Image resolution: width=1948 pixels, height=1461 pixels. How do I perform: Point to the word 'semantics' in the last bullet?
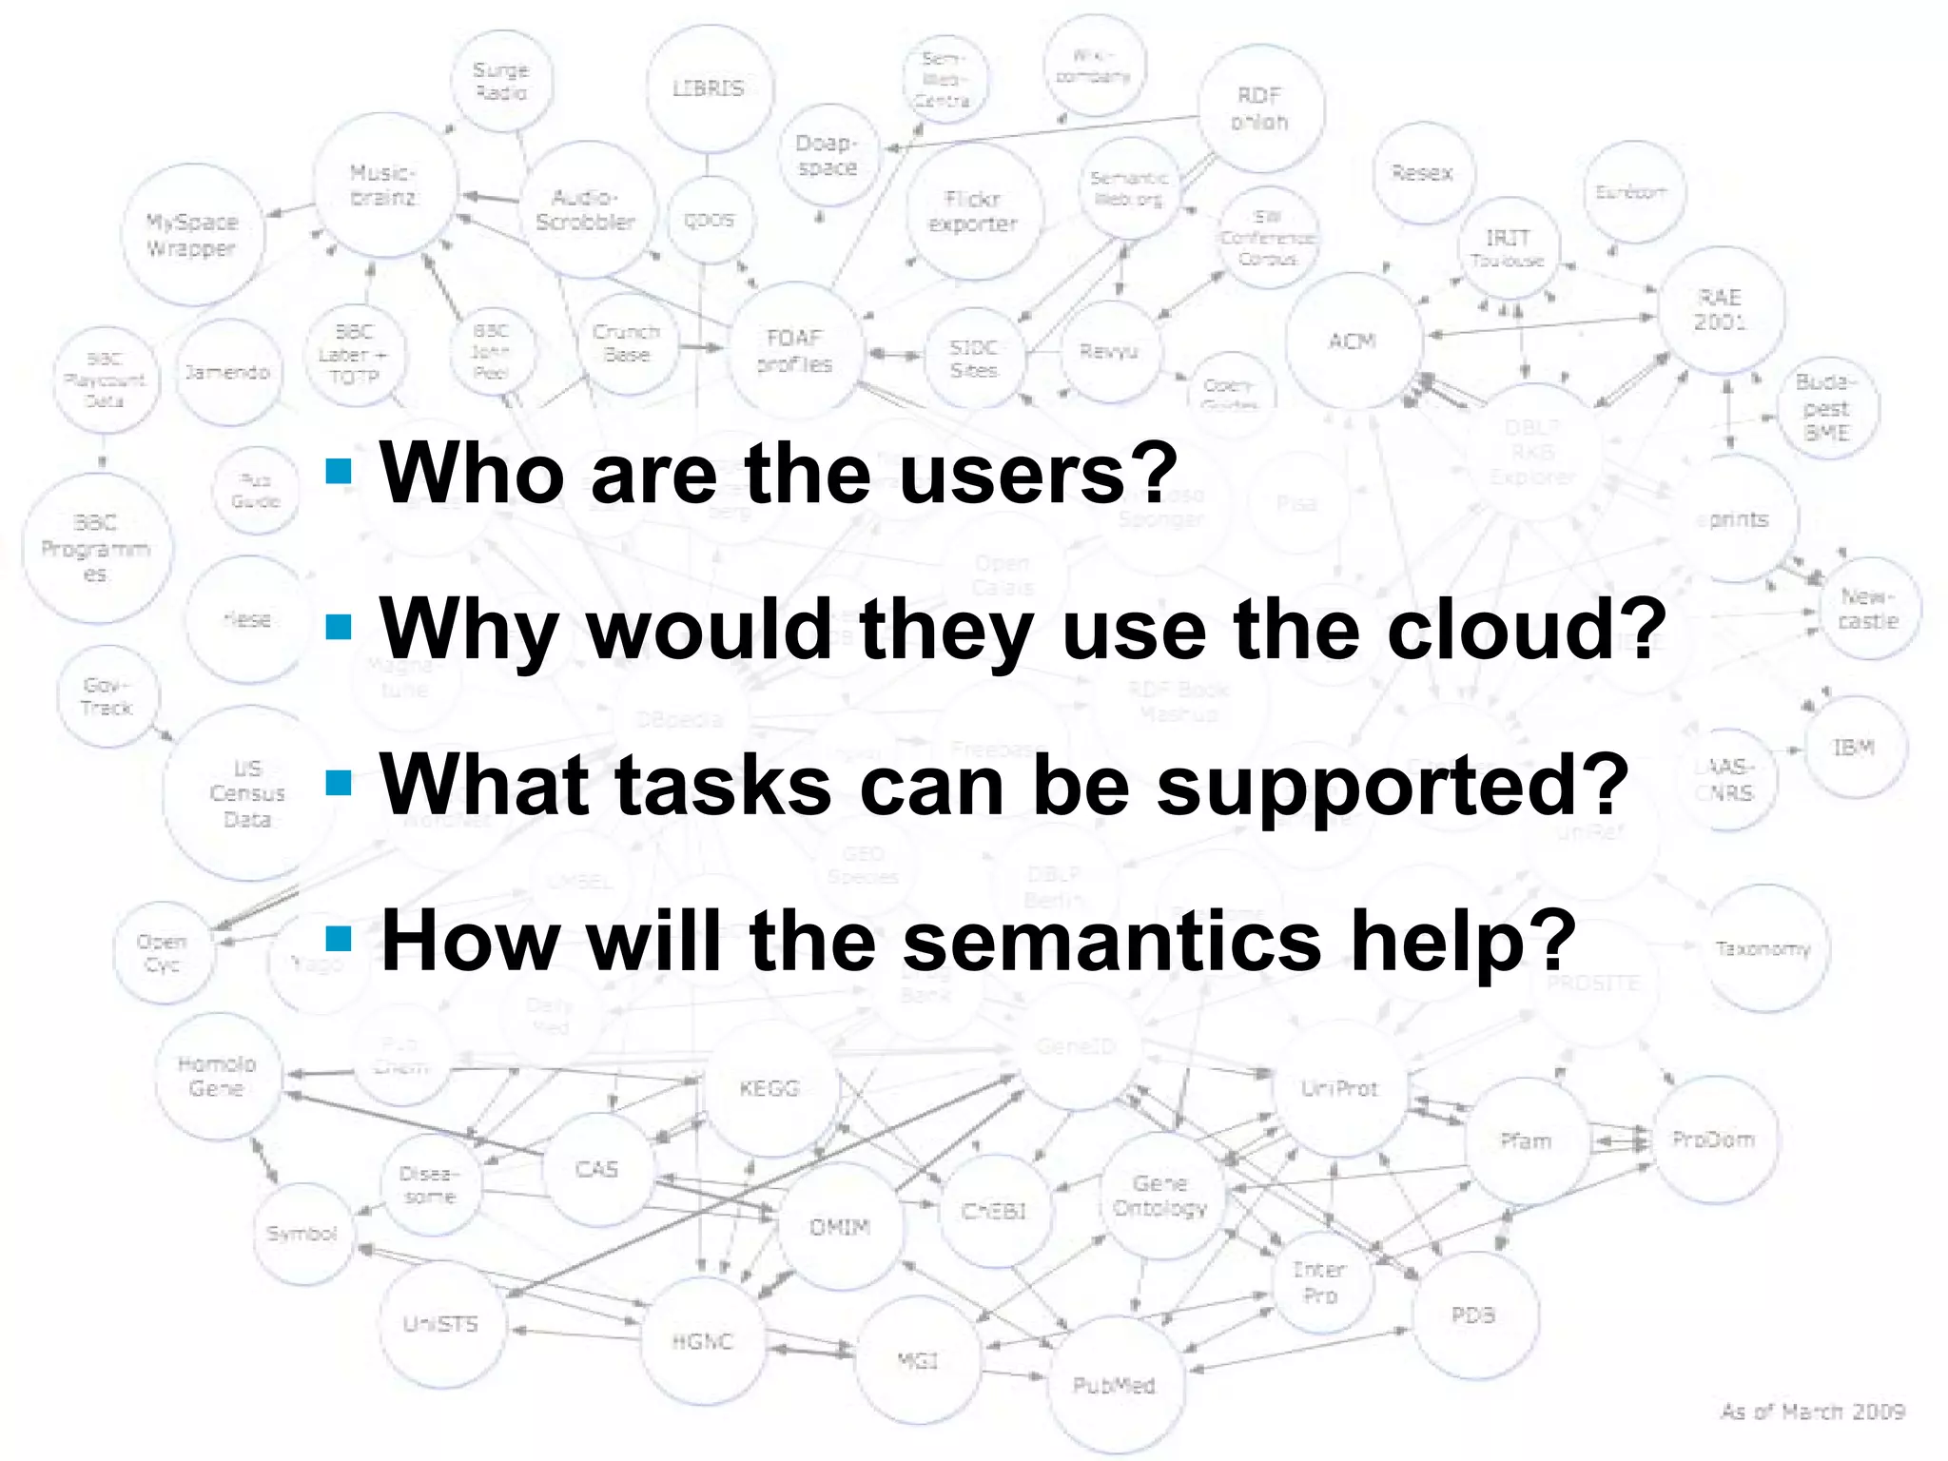coord(1112,941)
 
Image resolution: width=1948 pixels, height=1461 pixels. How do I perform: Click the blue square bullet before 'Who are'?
coord(339,472)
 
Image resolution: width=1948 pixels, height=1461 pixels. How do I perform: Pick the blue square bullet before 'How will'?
coord(339,940)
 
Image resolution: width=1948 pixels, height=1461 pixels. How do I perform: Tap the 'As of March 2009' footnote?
coord(1812,1412)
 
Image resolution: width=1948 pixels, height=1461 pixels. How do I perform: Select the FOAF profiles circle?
coord(795,351)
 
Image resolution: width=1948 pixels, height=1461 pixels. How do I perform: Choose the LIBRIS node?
coord(709,88)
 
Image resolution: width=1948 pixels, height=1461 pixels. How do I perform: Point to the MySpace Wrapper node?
coord(192,235)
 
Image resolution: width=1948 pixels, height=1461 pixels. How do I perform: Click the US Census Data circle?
coord(247,793)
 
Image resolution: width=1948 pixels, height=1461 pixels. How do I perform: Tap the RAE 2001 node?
coord(1720,309)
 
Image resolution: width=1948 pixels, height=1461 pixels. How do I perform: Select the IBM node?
coord(1854,748)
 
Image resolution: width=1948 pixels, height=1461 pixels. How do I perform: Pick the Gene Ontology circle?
coord(1160,1196)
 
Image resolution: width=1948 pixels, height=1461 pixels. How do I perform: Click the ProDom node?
coord(1714,1140)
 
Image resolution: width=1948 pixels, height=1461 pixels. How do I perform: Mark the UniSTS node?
coord(440,1323)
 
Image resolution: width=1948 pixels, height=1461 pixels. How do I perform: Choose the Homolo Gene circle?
coord(218,1076)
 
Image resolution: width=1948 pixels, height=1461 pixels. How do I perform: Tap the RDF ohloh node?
coord(1259,108)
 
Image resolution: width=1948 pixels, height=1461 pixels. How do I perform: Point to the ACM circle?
coord(1352,341)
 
